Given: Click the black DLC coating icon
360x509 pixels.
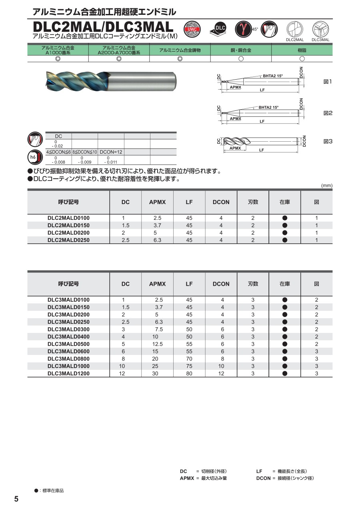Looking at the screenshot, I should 218,29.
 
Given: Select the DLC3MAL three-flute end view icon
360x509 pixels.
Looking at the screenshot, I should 320,29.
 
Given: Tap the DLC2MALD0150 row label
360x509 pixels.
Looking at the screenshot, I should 68,225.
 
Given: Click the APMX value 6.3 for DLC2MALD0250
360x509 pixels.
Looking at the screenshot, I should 157,240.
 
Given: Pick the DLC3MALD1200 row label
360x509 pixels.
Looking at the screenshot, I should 68,373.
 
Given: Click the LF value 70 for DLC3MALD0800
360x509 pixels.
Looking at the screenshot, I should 189,359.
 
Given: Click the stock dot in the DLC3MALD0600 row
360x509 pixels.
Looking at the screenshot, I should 285,351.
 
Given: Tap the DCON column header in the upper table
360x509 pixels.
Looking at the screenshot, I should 221,202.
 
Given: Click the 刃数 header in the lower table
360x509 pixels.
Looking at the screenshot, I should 253,284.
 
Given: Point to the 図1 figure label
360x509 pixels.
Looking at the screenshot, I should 328,82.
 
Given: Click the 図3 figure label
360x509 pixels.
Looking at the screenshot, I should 328,141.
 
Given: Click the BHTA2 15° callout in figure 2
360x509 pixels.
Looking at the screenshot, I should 268,107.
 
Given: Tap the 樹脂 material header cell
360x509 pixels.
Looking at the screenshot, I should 302,50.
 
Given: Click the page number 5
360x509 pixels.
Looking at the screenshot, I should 16,499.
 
